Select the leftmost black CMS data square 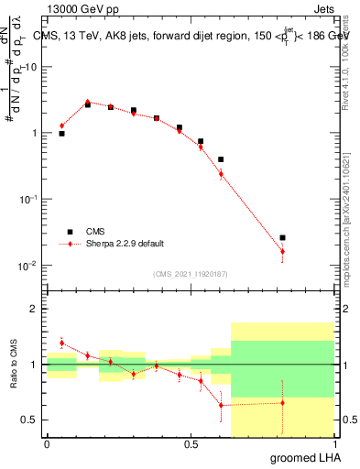[x=61, y=134]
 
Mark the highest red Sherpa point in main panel [x=88, y=102]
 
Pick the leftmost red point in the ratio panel [x=61, y=343]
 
